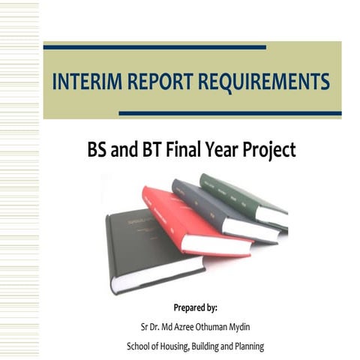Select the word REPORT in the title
click(159, 81)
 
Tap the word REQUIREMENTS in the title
click(265, 81)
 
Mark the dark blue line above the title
click(154, 47)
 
